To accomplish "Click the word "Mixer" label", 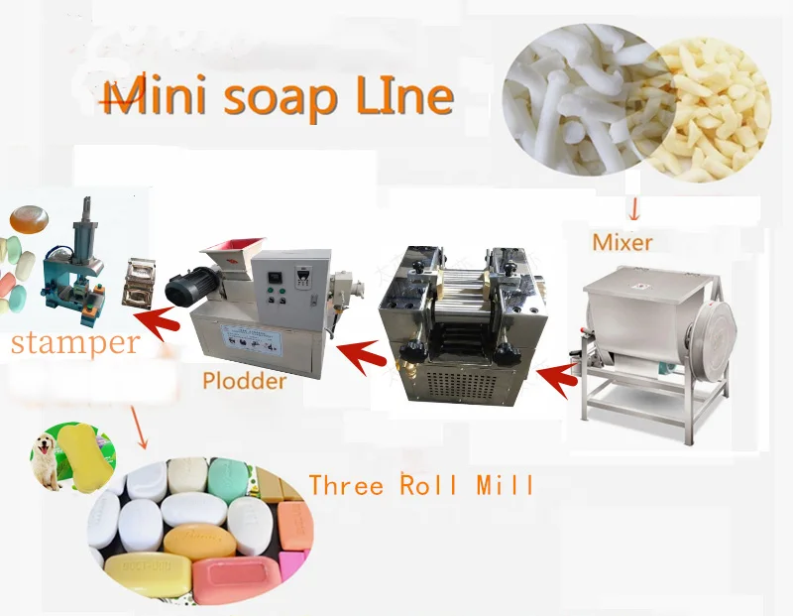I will click(623, 241).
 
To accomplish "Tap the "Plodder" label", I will click(244, 380).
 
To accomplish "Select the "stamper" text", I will click(74, 343).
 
